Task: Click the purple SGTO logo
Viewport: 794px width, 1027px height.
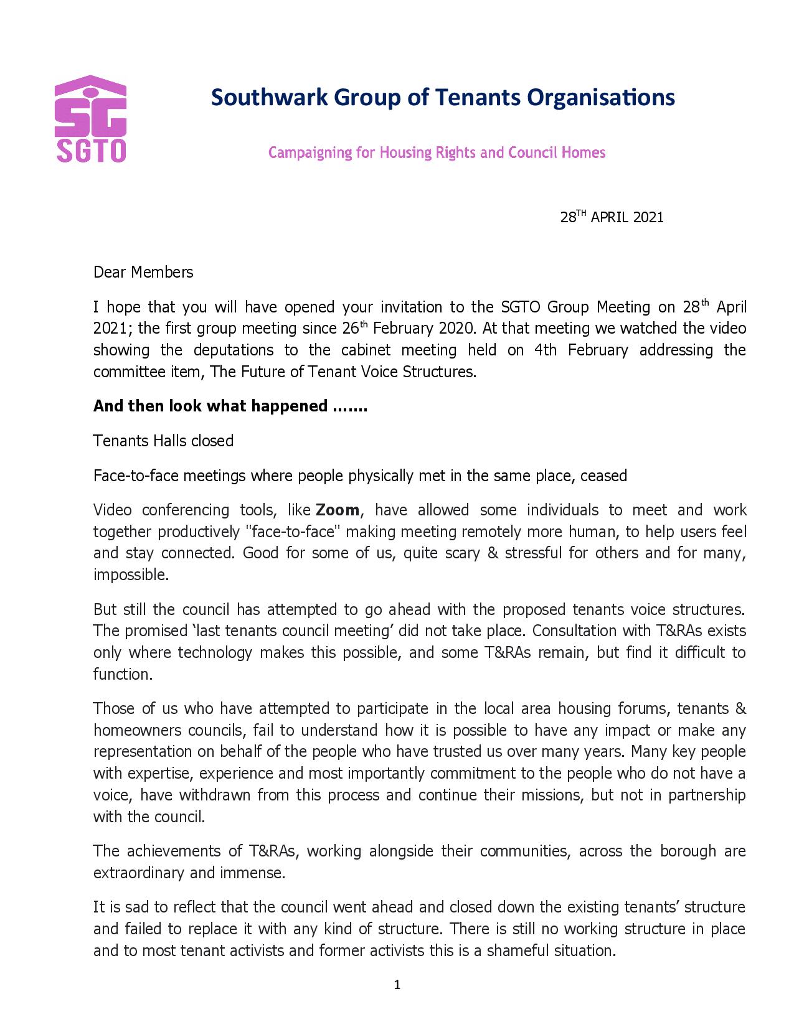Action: tap(91, 120)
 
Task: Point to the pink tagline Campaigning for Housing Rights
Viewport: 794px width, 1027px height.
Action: tap(437, 152)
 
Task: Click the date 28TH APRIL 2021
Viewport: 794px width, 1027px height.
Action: tap(612, 217)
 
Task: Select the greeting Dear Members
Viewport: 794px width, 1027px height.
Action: tap(143, 272)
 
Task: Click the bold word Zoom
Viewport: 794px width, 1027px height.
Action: tap(338, 510)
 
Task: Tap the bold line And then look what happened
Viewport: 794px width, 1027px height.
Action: tap(230, 406)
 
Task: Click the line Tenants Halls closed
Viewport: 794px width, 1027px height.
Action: tap(163, 441)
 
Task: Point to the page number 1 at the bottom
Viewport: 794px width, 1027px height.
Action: tap(397, 985)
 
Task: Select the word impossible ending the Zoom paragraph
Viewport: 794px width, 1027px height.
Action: tap(130, 575)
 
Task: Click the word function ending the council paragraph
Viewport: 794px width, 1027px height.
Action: tap(123, 675)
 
